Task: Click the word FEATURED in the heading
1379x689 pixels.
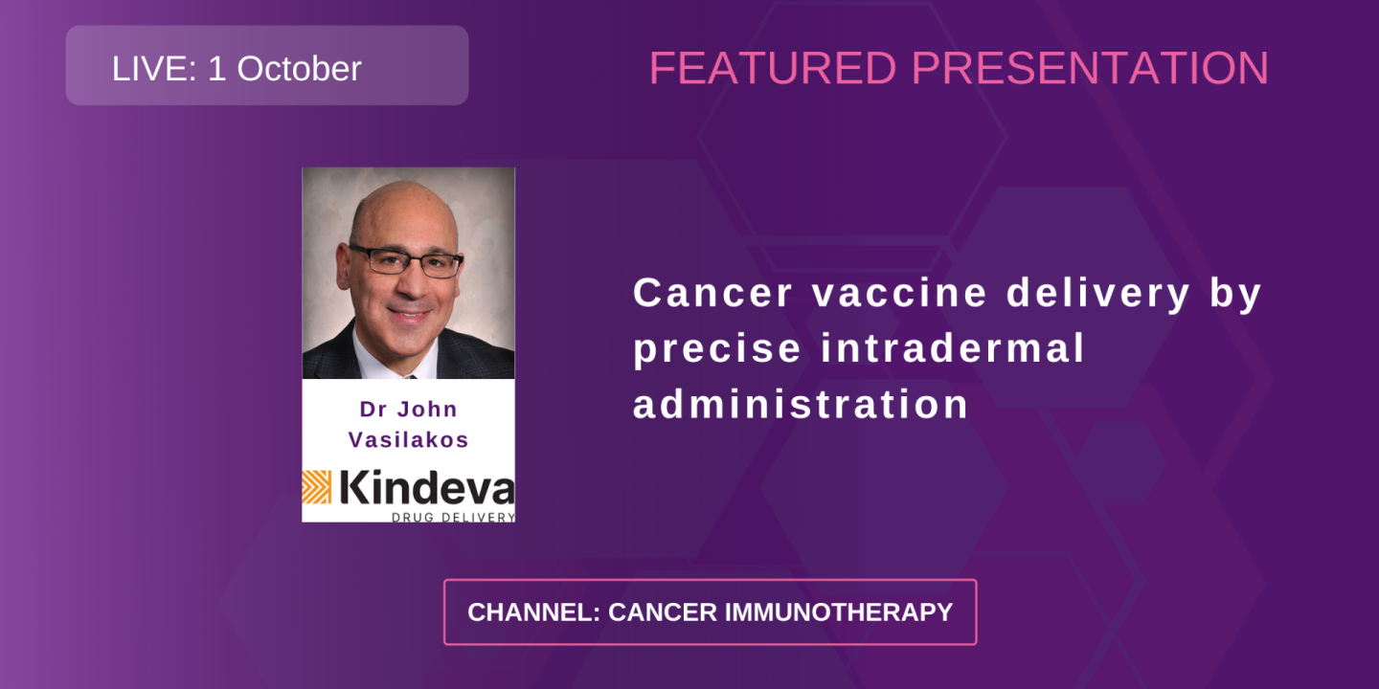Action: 773,69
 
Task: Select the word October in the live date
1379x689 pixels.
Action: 299,69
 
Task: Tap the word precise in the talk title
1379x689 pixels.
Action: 717,348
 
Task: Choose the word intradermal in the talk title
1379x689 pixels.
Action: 956,348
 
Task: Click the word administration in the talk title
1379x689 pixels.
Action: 802,404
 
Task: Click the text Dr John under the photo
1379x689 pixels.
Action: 409,409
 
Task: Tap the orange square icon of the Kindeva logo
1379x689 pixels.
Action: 317,487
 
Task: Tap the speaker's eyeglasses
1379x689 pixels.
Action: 406,260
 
